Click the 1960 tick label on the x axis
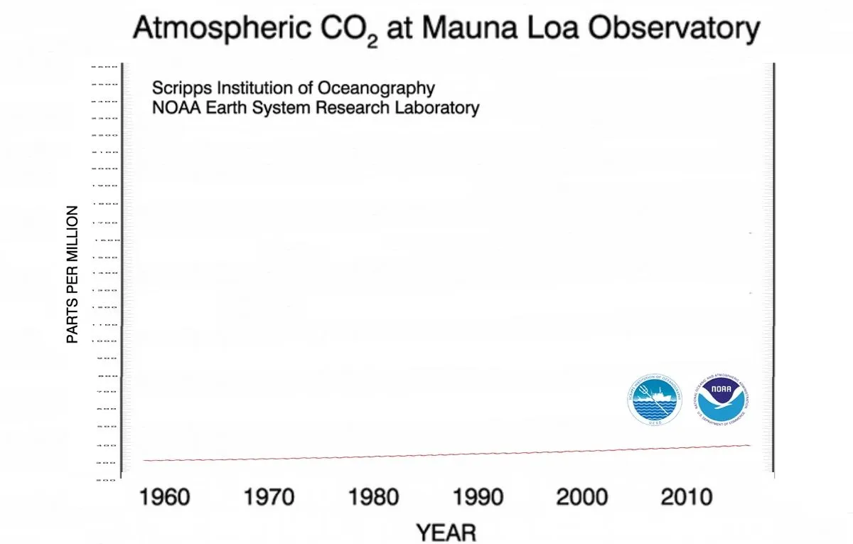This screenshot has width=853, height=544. pyautogui.click(x=164, y=496)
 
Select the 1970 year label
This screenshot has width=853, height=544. pyautogui.click(x=269, y=496)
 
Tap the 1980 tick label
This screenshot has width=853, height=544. pyautogui.click(x=373, y=496)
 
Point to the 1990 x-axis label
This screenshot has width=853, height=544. pyautogui.click(x=478, y=496)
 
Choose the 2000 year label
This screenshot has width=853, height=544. pyautogui.click(x=582, y=496)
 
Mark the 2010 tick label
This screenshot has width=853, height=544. pyautogui.click(x=686, y=496)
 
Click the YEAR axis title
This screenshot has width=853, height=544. pyautogui.click(x=446, y=532)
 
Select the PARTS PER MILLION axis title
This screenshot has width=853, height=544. pyautogui.click(x=72, y=274)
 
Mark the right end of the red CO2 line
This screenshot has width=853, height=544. pyautogui.click(x=750, y=445)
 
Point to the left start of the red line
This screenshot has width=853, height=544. pyautogui.click(x=144, y=460)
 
